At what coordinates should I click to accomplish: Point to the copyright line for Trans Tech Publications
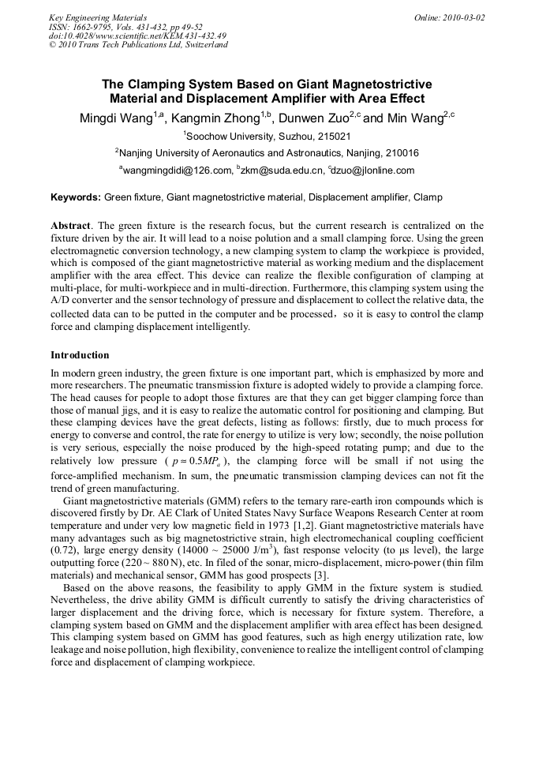coord(138,45)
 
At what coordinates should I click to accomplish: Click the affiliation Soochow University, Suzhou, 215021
coord(267,137)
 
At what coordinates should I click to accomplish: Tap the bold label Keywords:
coord(76,197)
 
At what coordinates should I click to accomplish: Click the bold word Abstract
coord(71,226)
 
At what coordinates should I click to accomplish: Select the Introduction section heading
coord(80,355)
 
